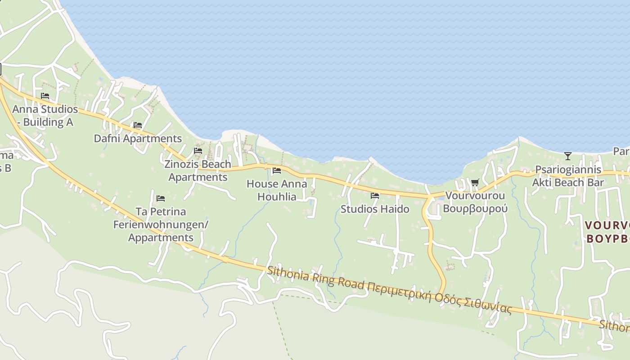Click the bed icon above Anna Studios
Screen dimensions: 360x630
click(x=45, y=96)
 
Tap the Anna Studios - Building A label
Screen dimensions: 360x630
click(x=45, y=116)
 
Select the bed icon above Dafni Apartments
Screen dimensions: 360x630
click(x=138, y=125)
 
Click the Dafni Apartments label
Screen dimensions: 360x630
click(x=138, y=139)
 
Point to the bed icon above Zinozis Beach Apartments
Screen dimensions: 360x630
click(x=198, y=150)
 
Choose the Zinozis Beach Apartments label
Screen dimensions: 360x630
click(x=198, y=171)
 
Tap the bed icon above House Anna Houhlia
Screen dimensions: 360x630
click(x=277, y=171)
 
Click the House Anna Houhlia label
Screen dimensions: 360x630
click(x=277, y=190)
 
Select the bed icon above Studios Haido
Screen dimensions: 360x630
click(x=375, y=196)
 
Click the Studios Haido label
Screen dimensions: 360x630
click(x=375, y=209)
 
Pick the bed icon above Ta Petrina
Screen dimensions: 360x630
click(x=161, y=198)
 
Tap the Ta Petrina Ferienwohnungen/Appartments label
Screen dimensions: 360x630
click(x=161, y=225)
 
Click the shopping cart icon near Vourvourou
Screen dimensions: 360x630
click(x=475, y=182)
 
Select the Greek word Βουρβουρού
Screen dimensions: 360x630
click(x=475, y=209)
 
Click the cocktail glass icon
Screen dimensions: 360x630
click(x=568, y=156)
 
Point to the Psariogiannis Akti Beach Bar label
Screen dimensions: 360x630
click(x=568, y=176)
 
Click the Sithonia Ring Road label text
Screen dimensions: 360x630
click(x=315, y=279)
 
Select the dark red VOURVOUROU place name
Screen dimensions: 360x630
click(x=607, y=225)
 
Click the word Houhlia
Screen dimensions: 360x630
click(x=277, y=197)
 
